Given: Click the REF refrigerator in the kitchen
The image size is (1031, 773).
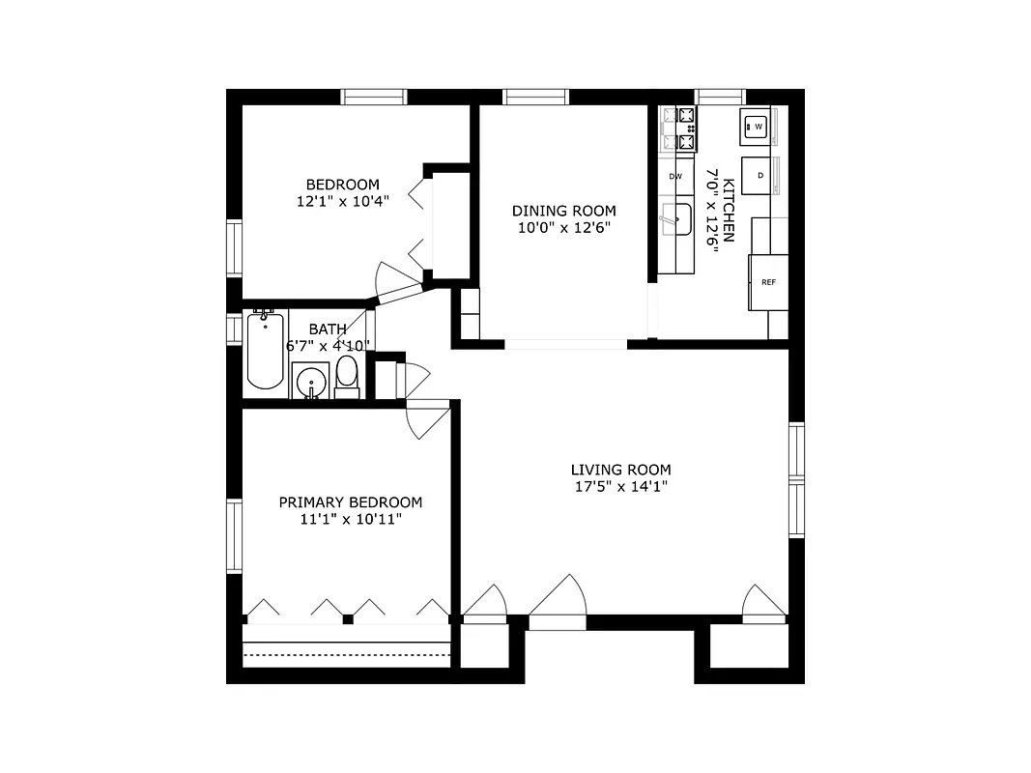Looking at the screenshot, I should coord(769,282).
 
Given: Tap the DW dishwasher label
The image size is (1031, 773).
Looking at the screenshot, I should coord(675,176).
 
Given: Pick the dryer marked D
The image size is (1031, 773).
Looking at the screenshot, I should coord(760,175).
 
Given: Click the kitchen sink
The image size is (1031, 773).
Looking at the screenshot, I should coord(677,219).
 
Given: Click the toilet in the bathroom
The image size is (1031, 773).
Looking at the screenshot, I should coord(347,375).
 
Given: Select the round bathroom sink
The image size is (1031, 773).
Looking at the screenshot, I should coord(311,383).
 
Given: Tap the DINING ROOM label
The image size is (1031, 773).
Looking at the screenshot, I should coord(563,211).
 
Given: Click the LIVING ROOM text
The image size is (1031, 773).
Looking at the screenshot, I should coord(620,470).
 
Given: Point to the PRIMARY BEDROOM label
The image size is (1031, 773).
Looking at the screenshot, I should coord(350,502).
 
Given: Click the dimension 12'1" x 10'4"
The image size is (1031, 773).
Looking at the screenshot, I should coord(343,202).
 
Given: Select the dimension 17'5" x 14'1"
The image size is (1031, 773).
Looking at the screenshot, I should coord(620,487).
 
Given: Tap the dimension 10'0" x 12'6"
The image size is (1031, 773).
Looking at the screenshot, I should coord(563,228).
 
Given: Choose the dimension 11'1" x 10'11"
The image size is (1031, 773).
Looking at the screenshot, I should coord(350,520).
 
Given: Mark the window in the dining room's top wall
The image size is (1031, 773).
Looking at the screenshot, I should coord(535,97).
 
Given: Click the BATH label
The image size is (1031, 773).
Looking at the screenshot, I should coord(328,329).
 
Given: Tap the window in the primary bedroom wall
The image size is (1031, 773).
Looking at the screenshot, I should coord(234,535).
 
